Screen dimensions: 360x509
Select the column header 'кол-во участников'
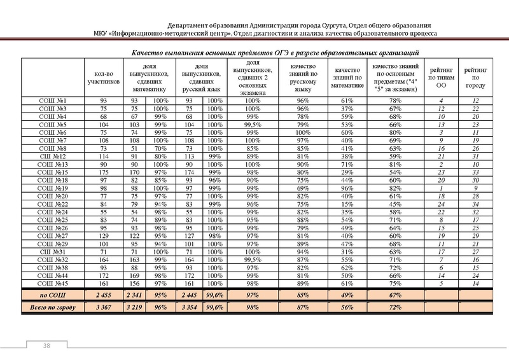pyautogui.click(x=102, y=78)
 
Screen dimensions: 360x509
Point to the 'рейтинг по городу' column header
pyautogui.click(x=477, y=78)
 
